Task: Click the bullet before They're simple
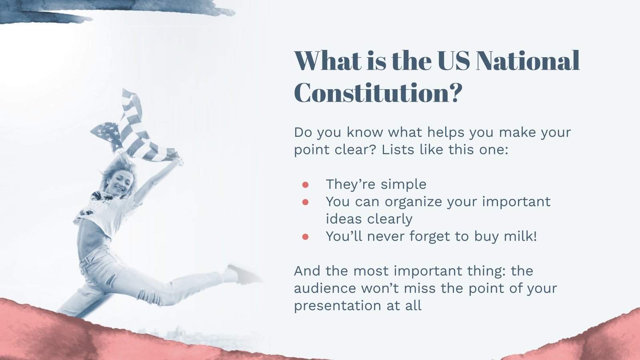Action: tap(306, 185)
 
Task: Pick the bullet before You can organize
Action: tap(306, 202)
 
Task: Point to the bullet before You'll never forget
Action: tap(306, 237)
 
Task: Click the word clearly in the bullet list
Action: tap(390, 219)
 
